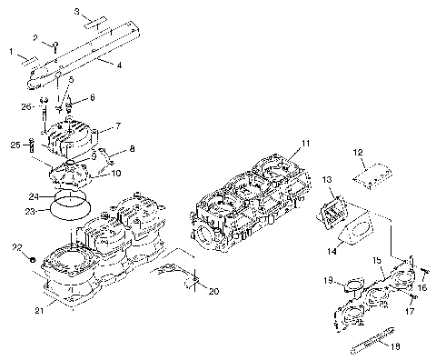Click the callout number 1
[x=12, y=52]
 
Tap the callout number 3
[x=77, y=11]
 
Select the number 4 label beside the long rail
[x=118, y=65]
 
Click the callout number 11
[x=306, y=144]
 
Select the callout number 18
[x=393, y=346]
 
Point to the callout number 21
[x=37, y=313]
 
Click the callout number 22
[x=16, y=248]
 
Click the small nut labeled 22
[x=32, y=259]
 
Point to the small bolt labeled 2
[x=55, y=45]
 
